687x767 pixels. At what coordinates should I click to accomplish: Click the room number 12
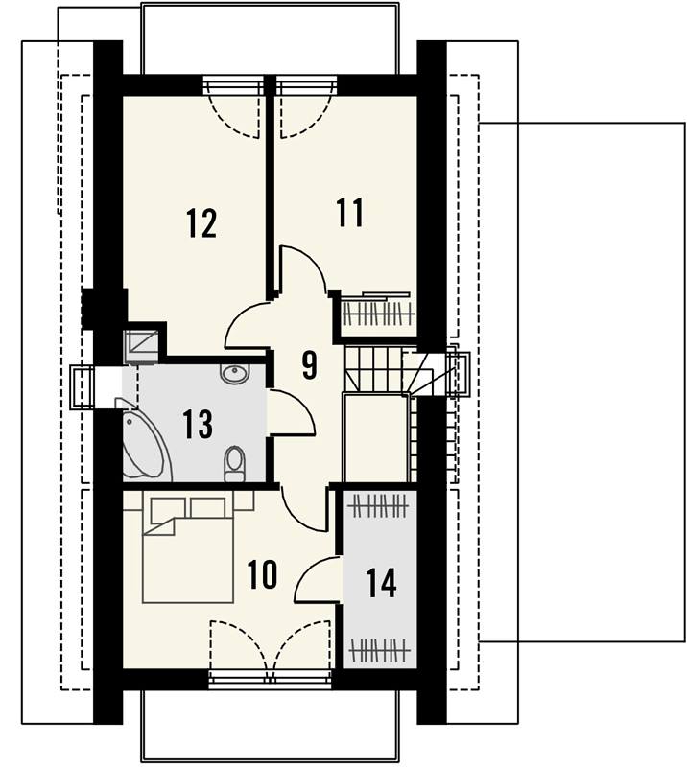tap(201, 223)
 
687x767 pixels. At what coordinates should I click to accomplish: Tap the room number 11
tap(350, 212)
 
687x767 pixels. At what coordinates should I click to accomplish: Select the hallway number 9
tap(310, 364)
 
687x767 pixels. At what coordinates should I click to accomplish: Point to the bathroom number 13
tap(198, 424)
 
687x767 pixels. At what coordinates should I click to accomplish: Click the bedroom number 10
tap(263, 574)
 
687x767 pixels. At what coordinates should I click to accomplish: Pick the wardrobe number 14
tap(382, 583)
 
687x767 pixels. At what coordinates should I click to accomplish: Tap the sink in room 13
tap(235, 374)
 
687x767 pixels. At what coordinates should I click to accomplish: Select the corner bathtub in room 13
tap(145, 439)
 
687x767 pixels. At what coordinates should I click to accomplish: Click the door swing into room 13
tap(292, 412)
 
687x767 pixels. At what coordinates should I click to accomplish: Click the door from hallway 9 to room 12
tap(248, 324)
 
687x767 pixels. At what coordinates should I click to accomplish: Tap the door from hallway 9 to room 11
tap(303, 269)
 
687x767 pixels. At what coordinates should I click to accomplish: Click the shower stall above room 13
tap(142, 346)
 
